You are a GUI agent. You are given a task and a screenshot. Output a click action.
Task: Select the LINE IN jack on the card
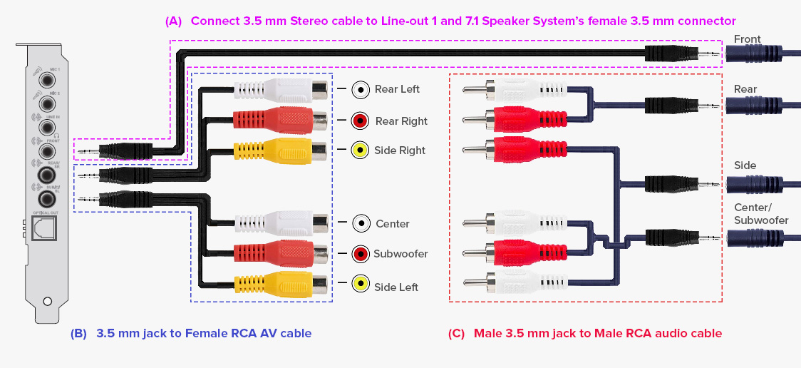[x=48, y=127]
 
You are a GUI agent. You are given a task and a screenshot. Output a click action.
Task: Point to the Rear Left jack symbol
[x=361, y=89]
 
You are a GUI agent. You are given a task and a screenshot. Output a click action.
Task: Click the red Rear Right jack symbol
[x=361, y=121]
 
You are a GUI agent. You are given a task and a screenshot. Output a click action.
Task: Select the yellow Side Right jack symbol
[x=361, y=150]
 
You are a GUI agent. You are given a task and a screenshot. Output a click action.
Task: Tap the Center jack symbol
[x=361, y=223]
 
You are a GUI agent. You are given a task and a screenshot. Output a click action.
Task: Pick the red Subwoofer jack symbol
[x=361, y=254]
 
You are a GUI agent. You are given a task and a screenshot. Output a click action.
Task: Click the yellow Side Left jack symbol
[x=361, y=286]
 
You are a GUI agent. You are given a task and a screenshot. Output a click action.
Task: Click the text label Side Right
[x=400, y=150]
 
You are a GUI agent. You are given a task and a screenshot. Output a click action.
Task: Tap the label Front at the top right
[x=748, y=39]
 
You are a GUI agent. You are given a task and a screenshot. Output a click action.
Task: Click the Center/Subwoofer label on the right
[x=761, y=214]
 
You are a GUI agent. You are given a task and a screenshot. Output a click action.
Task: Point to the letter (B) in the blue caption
[x=79, y=333]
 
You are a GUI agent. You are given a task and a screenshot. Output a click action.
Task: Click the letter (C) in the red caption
[x=457, y=333]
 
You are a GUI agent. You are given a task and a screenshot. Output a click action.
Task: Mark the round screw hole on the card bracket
[x=47, y=302]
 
